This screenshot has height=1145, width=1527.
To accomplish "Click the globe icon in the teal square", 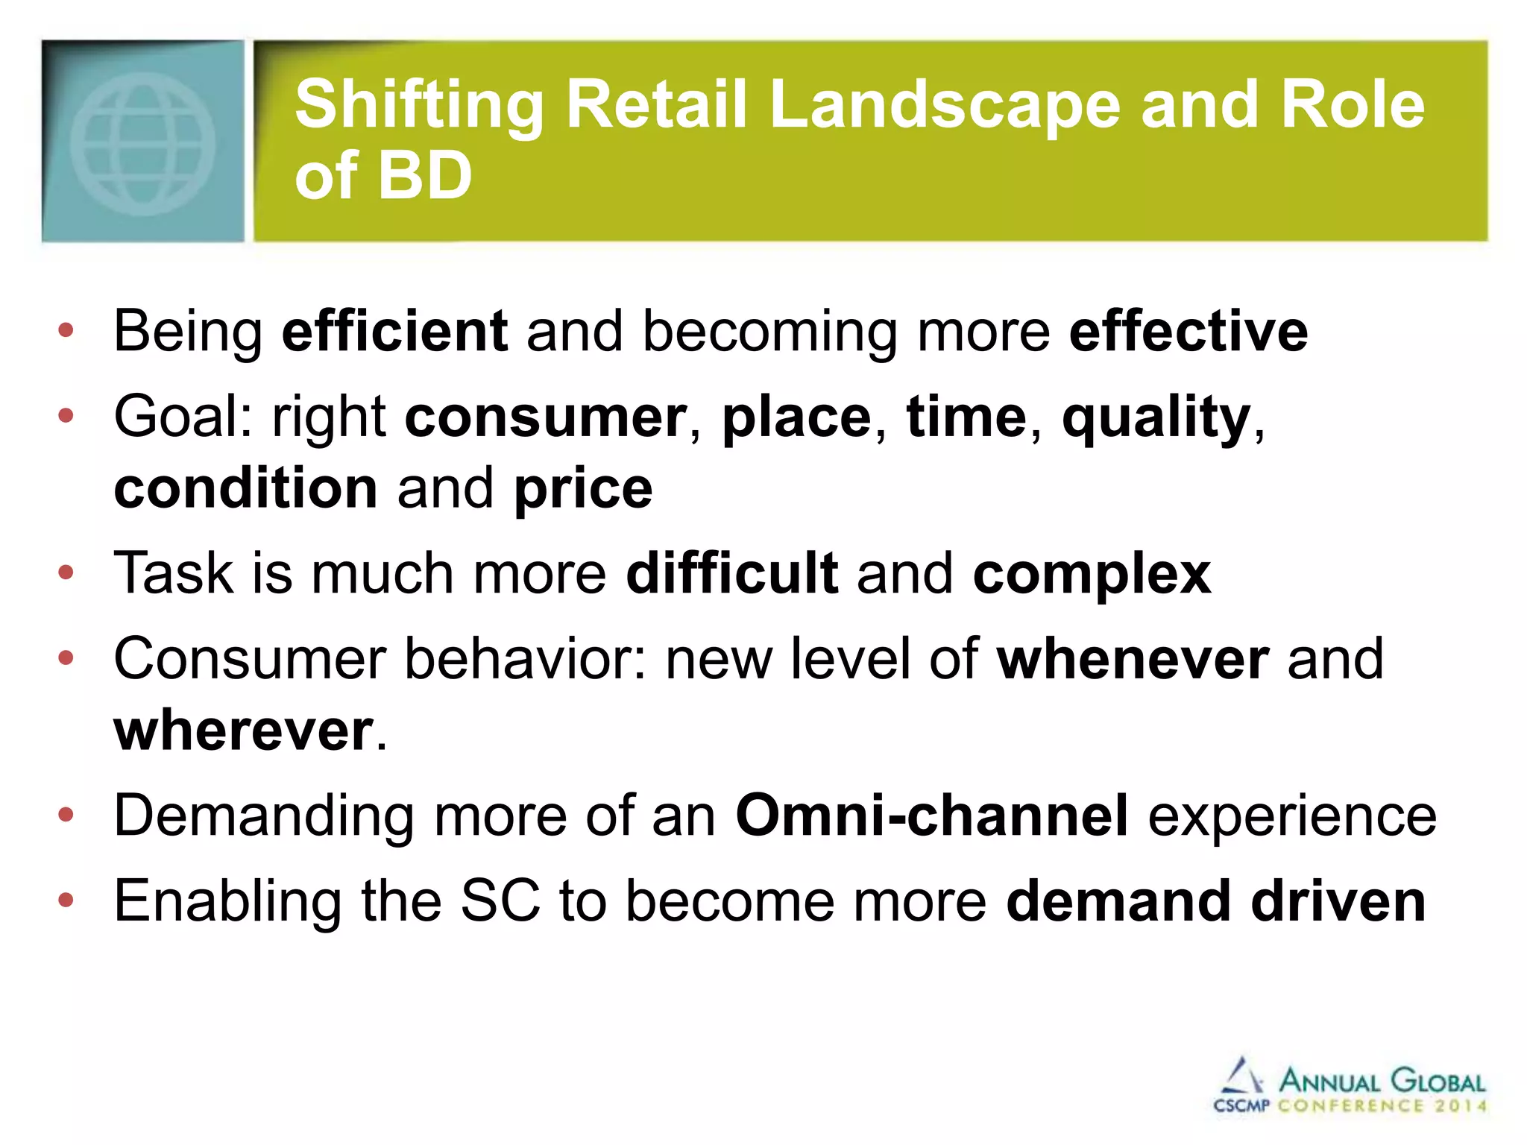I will click(142, 143).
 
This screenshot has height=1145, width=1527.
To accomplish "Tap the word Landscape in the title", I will click(944, 105).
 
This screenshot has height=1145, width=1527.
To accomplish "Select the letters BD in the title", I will click(424, 176).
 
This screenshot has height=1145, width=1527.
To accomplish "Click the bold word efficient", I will click(395, 331).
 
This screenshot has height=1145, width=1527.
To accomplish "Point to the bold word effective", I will click(1188, 331).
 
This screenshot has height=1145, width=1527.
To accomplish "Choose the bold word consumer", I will click(546, 417).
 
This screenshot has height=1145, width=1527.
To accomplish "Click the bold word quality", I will click(1156, 417).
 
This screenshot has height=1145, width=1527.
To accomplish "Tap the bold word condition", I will click(246, 488).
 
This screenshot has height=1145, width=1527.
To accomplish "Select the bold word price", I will click(583, 488).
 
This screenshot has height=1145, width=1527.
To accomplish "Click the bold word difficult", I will click(732, 573).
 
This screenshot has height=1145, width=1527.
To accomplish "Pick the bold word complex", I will click(1092, 573).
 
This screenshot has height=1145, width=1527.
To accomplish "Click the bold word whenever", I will click(1133, 659).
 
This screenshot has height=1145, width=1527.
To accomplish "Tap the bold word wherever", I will click(244, 731).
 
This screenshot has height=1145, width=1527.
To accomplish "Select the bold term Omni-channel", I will click(932, 816).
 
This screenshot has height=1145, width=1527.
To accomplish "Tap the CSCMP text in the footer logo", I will click(1241, 1105).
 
